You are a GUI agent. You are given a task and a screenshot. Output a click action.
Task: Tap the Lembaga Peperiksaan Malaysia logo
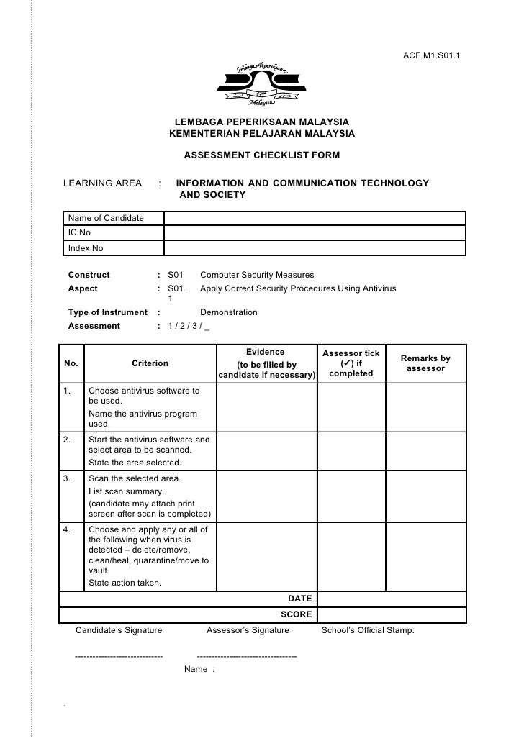[x=261, y=85]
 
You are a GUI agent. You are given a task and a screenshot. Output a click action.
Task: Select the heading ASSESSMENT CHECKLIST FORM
[x=262, y=155]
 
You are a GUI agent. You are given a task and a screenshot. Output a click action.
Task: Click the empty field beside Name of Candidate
[x=315, y=218]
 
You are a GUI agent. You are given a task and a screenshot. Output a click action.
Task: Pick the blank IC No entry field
[x=315, y=233]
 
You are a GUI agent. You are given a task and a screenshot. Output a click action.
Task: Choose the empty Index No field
[x=315, y=248]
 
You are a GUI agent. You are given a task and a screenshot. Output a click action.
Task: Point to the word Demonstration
[x=228, y=312]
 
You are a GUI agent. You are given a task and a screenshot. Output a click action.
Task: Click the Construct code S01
[x=176, y=275]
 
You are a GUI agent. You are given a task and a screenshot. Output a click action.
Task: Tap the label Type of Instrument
[x=107, y=312]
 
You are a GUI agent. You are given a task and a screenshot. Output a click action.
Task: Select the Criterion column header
[x=150, y=363]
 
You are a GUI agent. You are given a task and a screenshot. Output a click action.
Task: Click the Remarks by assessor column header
[x=425, y=363]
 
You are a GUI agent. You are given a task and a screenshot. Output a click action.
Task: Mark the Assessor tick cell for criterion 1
[x=351, y=407]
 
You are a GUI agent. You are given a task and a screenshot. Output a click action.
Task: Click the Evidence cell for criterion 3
[x=266, y=496]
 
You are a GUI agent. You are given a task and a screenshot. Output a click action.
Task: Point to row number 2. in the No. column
[x=67, y=440]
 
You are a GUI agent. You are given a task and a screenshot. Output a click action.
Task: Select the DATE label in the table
[x=299, y=599]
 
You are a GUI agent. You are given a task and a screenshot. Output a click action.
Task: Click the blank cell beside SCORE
[x=391, y=614]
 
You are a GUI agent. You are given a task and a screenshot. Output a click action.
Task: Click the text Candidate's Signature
[x=119, y=630]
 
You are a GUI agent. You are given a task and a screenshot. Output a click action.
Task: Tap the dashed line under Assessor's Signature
[x=246, y=656]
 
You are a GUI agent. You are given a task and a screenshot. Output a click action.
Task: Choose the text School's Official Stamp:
[x=368, y=630]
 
